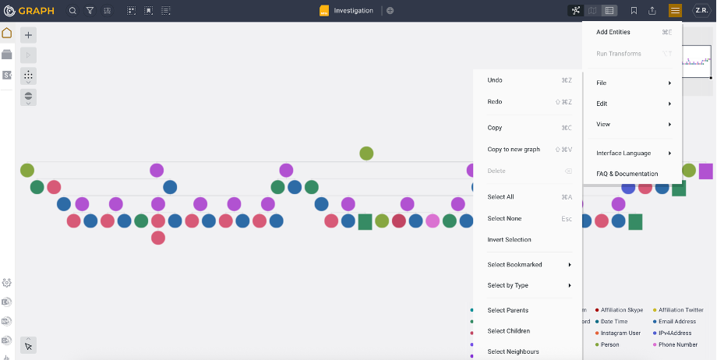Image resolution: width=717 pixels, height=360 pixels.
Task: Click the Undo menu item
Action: pos(495,80)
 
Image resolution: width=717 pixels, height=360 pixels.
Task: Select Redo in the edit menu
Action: pos(495,102)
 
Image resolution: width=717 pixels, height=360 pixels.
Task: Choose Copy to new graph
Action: pos(513,150)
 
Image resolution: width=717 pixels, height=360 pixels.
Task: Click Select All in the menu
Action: pos(500,197)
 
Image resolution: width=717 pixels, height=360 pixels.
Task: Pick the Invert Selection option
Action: pos(509,240)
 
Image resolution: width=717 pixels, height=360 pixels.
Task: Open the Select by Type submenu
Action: pos(508,286)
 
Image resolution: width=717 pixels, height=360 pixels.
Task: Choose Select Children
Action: pos(508,331)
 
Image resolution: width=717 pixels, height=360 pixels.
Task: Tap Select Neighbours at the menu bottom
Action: pos(513,351)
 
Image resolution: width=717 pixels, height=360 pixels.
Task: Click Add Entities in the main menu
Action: pos(613,32)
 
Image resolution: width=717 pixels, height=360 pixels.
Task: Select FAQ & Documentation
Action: pos(627,174)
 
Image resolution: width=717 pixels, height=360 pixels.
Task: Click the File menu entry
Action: pos(602,83)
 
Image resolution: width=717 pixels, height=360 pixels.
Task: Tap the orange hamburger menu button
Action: pos(675,11)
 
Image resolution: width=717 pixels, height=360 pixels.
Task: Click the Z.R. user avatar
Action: pos(701,11)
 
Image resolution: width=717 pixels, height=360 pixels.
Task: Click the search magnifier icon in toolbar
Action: pos(72,11)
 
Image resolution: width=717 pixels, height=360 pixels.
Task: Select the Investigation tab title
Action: pos(353,11)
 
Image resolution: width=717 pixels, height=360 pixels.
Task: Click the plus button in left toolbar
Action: pos(28,35)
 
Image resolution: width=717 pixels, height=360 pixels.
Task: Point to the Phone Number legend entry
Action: pos(677,344)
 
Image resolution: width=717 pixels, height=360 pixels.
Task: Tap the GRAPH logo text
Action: pos(37,11)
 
